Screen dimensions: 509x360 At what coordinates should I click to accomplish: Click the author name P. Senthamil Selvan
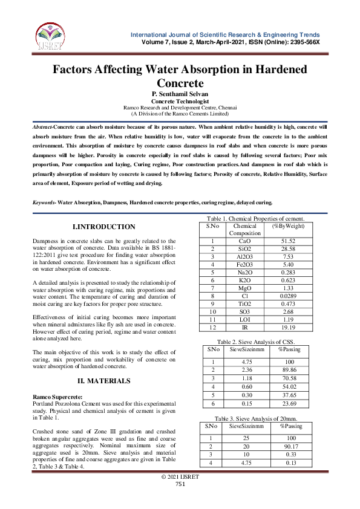click(180, 95)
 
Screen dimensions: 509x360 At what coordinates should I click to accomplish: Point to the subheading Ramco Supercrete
click(57, 396)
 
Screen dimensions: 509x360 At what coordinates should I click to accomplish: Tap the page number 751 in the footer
click(180, 484)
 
